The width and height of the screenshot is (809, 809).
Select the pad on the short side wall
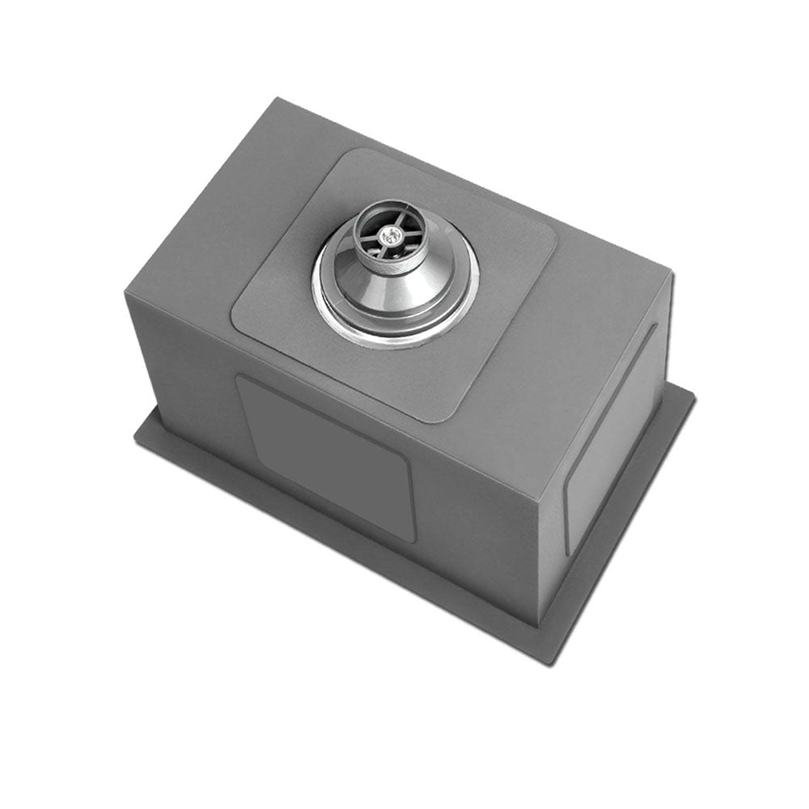(611, 441)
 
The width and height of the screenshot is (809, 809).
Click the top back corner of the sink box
(279, 99)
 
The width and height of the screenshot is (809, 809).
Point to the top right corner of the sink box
(671, 272)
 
